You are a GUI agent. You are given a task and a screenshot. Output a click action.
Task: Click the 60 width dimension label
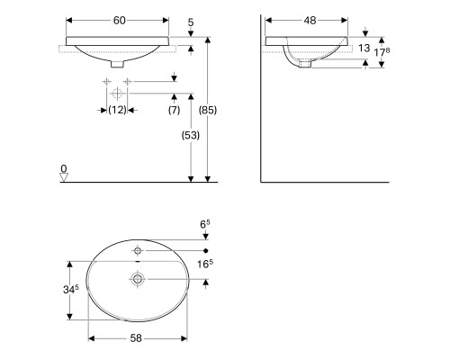click(119, 21)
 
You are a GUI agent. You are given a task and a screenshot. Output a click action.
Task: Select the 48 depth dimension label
click(310, 21)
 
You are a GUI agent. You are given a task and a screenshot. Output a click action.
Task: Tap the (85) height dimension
click(208, 110)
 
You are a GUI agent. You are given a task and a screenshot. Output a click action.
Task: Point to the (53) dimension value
click(191, 135)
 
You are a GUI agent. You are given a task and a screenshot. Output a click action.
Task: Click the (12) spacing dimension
click(117, 110)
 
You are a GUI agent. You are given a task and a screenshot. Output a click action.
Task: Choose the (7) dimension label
click(174, 110)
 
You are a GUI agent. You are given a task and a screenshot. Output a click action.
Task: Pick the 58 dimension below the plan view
click(136, 338)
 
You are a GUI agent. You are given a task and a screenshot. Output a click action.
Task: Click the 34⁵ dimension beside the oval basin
click(71, 289)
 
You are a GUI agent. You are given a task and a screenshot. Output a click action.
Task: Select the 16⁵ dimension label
click(205, 264)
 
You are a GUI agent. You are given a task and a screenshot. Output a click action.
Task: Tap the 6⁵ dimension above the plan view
click(205, 224)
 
